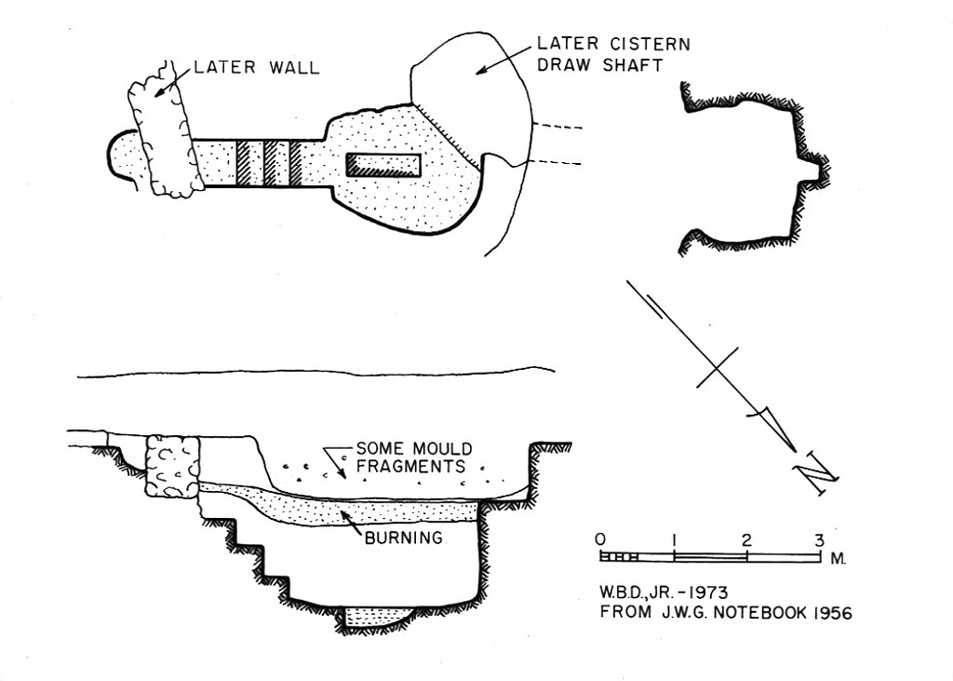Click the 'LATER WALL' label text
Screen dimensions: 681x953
click(x=256, y=68)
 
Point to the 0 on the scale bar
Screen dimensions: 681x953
click(x=600, y=539)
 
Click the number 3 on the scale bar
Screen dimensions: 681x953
click(x=819, y=539)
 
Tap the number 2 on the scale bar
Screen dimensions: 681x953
click(x=746, y=539)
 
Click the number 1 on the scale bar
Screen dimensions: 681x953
click(x=673, y=539)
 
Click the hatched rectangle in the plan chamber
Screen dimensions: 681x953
click(x=383, y=165)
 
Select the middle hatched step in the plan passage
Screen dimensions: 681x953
click(x=270, y=162)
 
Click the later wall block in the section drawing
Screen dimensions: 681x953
click(x=174, y=466)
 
